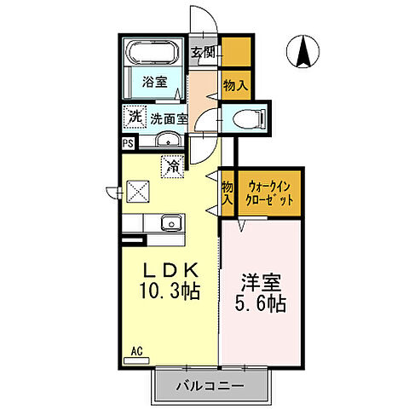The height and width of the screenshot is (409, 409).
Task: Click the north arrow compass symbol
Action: pos(302,52)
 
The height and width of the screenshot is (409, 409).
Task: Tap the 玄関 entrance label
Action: pos(202,52)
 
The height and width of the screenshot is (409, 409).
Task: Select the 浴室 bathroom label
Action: pos(155,84)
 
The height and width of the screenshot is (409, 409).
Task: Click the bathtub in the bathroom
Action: pos(153,53)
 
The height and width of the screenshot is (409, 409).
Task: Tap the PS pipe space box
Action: pos(128,144)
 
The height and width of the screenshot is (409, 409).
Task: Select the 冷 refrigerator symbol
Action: pos(172,168)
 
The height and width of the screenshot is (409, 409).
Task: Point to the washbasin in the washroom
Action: pos(167,141)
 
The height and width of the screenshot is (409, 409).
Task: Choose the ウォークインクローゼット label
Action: pos(269,193)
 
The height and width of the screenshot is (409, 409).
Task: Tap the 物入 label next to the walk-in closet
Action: pos(228,193)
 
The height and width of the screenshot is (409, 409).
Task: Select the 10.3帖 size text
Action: pos(170,292)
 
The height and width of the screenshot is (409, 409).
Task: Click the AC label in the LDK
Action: pos(136,350)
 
